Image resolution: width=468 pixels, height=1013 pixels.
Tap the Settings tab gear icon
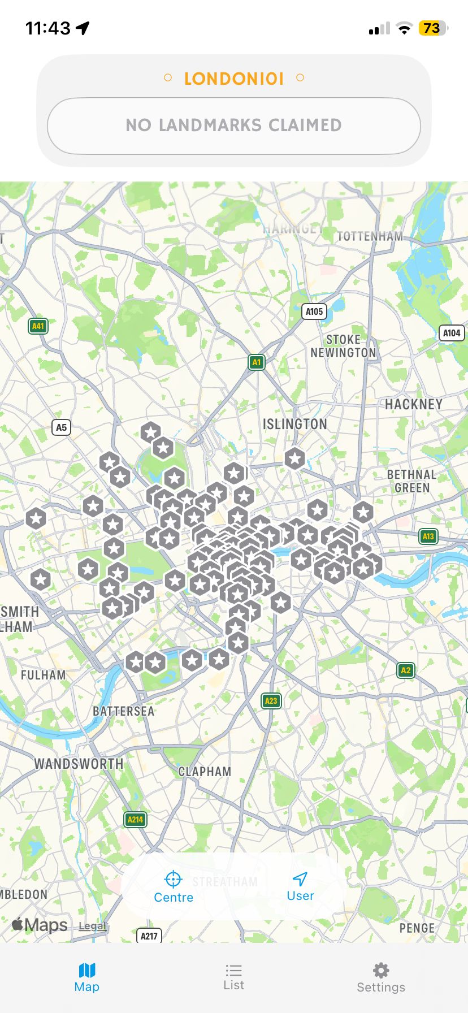click(381, 971)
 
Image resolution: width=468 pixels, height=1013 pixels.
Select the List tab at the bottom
click(233, 977)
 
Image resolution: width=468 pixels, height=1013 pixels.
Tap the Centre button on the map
click(173, 886)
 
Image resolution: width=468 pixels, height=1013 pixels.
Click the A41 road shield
click(38, 326)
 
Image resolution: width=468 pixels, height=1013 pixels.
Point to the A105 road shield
click(314, 311)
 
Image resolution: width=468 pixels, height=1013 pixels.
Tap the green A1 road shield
click(257, 362)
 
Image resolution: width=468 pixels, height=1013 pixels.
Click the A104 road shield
click(451, 333)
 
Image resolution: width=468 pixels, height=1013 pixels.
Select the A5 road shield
click(61, 427)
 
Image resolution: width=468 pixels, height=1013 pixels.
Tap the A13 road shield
click(428, 536)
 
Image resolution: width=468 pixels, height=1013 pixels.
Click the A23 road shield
click(271, 701)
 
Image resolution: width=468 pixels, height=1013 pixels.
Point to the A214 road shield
click(135, 819)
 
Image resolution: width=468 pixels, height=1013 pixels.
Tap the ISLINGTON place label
click(294, 425)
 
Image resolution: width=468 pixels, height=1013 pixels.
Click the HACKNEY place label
click(413, 405)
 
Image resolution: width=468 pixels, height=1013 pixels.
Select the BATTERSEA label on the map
click(123, 711)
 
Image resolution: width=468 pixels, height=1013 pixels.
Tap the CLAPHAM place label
click(205, 772)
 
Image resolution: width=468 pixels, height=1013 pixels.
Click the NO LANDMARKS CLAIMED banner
click(233, 125)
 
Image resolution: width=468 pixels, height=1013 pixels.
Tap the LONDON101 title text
click(233, 79)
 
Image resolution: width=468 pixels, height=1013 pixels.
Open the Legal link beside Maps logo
click(92, 926)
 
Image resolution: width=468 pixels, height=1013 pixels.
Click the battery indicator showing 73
click(432, 28)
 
